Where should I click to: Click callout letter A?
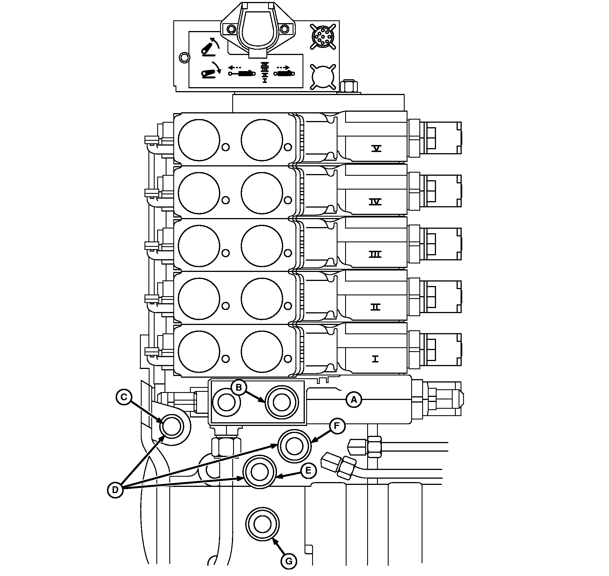coord(354,400)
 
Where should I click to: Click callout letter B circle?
coord(239,388)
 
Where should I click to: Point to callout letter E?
coord(308,471)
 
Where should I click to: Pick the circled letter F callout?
coord(337,426)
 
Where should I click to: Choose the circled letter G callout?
coord(289,561)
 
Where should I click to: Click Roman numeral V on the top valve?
coord(376,149)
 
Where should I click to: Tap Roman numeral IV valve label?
coord(375,202)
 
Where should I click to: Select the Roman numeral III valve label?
coord(375,254)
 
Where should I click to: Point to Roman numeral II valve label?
coord(375,307)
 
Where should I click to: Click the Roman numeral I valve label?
coord(375,359)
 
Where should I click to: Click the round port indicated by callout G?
coord(262,524)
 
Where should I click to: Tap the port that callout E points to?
coord(260,472)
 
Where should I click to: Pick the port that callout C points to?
coord(172,427)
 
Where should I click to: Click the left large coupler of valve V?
coord(199,140)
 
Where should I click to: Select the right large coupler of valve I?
coord(262,351)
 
